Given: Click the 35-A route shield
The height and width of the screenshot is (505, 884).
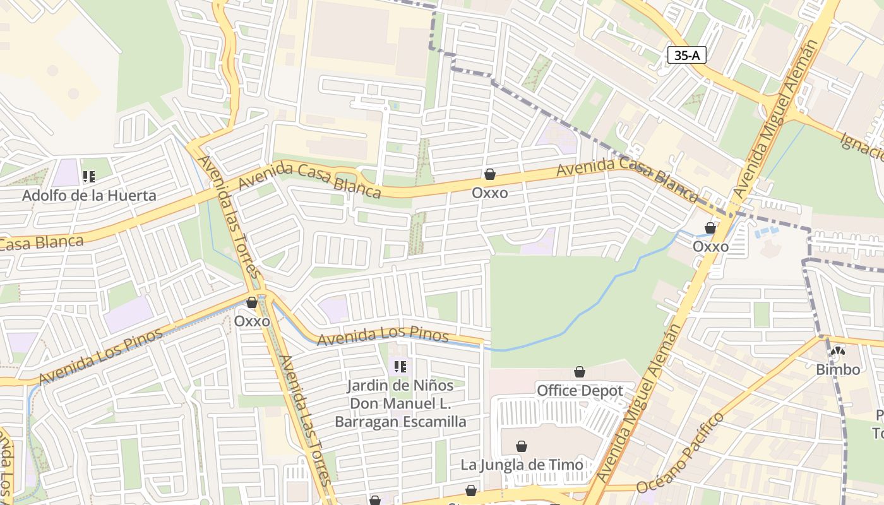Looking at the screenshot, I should [686, 55].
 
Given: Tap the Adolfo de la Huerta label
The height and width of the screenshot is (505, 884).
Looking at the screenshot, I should [89, 195].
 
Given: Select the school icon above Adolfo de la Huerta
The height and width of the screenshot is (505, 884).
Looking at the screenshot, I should [89, 177].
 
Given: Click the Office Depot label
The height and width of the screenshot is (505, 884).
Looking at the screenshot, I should [580, 391].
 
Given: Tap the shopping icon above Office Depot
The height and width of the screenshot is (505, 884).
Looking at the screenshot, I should [580, 372].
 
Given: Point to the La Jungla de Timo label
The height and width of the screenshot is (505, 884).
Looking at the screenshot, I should [522, 465].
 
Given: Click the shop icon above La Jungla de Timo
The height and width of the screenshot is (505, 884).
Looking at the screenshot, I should [522, 447].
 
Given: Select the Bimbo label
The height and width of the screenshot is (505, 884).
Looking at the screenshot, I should [838, 369].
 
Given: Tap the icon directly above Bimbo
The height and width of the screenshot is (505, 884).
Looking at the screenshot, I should [838, 352].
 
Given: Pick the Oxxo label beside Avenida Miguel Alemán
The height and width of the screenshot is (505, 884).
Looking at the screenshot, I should [710, 246].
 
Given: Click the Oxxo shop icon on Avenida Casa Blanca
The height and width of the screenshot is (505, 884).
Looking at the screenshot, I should [490, 174].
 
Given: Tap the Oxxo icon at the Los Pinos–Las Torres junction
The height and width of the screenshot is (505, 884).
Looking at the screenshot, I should [252, 303].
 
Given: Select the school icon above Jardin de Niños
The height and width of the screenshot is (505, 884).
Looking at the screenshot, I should [400, 366].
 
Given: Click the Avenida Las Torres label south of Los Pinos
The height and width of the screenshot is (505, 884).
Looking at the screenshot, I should [305, 420].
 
